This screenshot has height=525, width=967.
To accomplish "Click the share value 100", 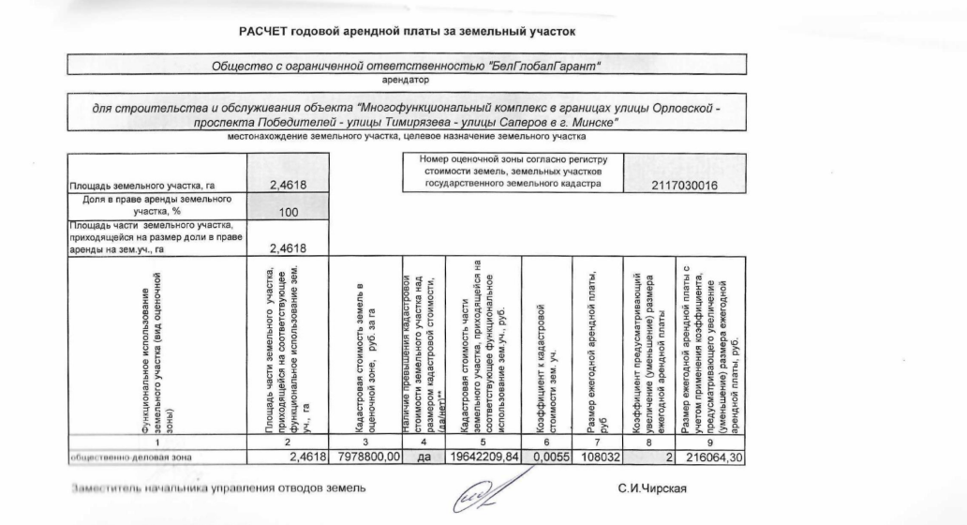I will [x=289, y=214].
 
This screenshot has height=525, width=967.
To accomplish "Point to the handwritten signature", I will [x=478, y=492].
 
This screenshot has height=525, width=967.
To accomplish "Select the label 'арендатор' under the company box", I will [x=405, y=80].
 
